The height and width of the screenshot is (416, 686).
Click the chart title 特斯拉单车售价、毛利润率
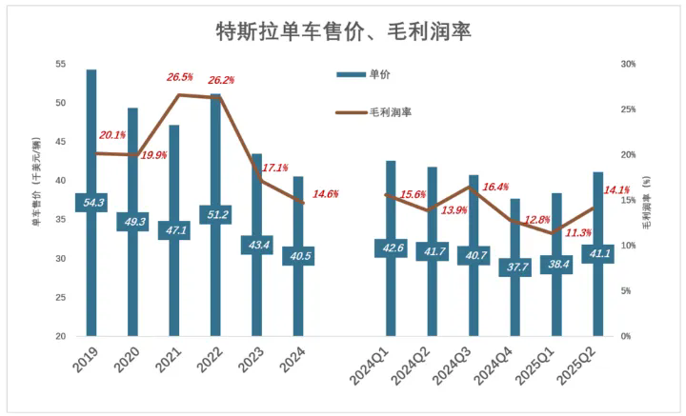(x=344, y=30)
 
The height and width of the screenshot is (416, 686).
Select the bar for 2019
(x=91, y=143)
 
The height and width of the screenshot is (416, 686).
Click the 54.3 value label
(x=91, y=202)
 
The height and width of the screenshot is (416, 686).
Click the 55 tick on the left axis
(x=60, y=64)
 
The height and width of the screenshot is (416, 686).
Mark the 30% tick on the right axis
(x=627, y=64)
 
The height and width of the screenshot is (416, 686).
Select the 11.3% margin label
(x=578, y=232)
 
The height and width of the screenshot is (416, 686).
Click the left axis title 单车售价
(x=36, y=200)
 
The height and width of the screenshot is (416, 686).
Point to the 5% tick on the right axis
(x=627, y=290)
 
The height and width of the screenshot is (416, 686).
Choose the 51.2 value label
(x=215, y=214)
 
